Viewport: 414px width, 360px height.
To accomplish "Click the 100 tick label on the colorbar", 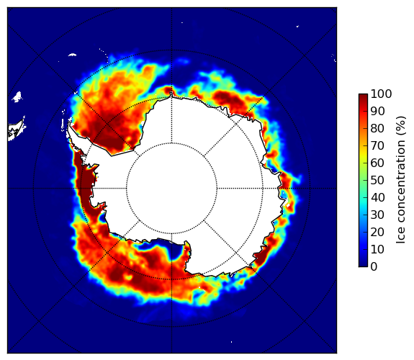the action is click(x=381, y=94).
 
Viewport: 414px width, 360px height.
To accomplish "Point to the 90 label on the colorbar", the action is click(x=377, y=111).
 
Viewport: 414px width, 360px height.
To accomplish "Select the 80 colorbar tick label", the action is click(x=377, y=128).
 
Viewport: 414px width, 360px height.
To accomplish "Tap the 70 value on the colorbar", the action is click(x=377, y=145).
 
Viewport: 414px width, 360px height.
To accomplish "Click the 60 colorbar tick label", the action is click(x=377, y=163).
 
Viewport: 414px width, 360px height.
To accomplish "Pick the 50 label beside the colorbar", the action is click(x=377, y=180).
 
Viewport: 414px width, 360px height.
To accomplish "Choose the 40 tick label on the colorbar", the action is click(x=377, y=197).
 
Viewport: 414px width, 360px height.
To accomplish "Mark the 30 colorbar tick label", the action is click(x=377, y=215).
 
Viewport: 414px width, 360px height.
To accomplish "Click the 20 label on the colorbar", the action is click(x=377, y=232).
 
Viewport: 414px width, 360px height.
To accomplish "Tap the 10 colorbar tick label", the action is click(x=377, y=249).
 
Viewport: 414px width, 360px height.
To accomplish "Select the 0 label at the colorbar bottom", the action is click(x=374, y=267).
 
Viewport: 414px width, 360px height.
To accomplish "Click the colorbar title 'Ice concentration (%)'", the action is click(x=400, y=180).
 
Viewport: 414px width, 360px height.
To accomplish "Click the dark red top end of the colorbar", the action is click(x=363, y=96).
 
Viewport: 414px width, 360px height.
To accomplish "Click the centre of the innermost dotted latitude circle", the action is click(x=171, y=189).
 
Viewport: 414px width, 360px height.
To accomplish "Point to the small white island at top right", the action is click(x=297, y=26).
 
